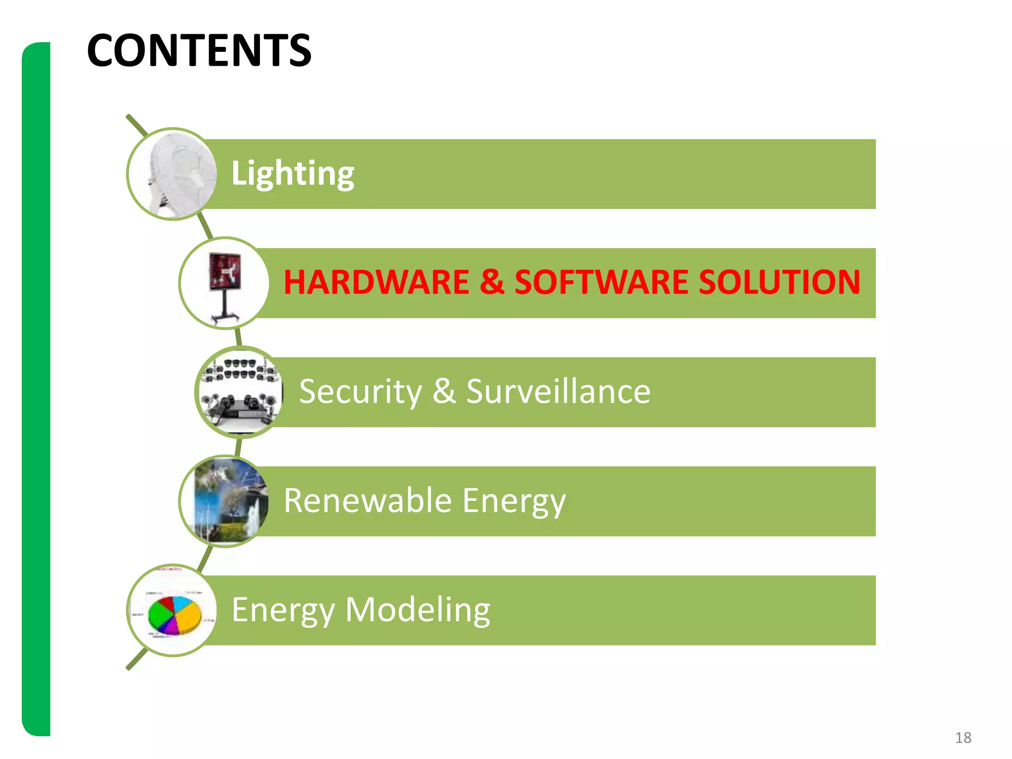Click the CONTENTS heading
point(199,50)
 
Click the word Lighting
point(293,173)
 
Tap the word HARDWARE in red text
point(376,282)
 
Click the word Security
point(360,391)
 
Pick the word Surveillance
point(558,391)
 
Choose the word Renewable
point(368,501)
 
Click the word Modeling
point(418,610)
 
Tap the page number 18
point(963,738)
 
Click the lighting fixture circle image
point(172,174)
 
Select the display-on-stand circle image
point(225,283)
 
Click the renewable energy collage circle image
point(225,501)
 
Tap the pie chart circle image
point(172,611)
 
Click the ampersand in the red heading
point(492,282)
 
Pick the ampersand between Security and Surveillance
point(444,391)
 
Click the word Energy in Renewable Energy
point(514,502)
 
